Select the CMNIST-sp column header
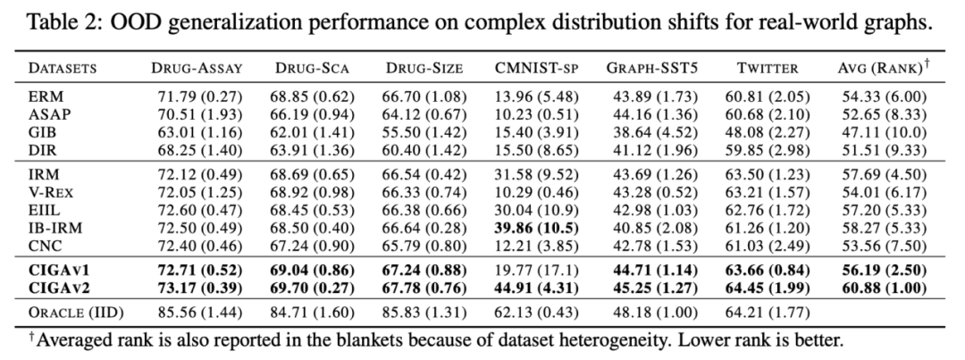pyautogui.click(x=533, y=67)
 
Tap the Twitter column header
pyautogui.click(x=761, y=67)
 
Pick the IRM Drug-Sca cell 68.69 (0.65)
pyautogui.click(x=310, y=176)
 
